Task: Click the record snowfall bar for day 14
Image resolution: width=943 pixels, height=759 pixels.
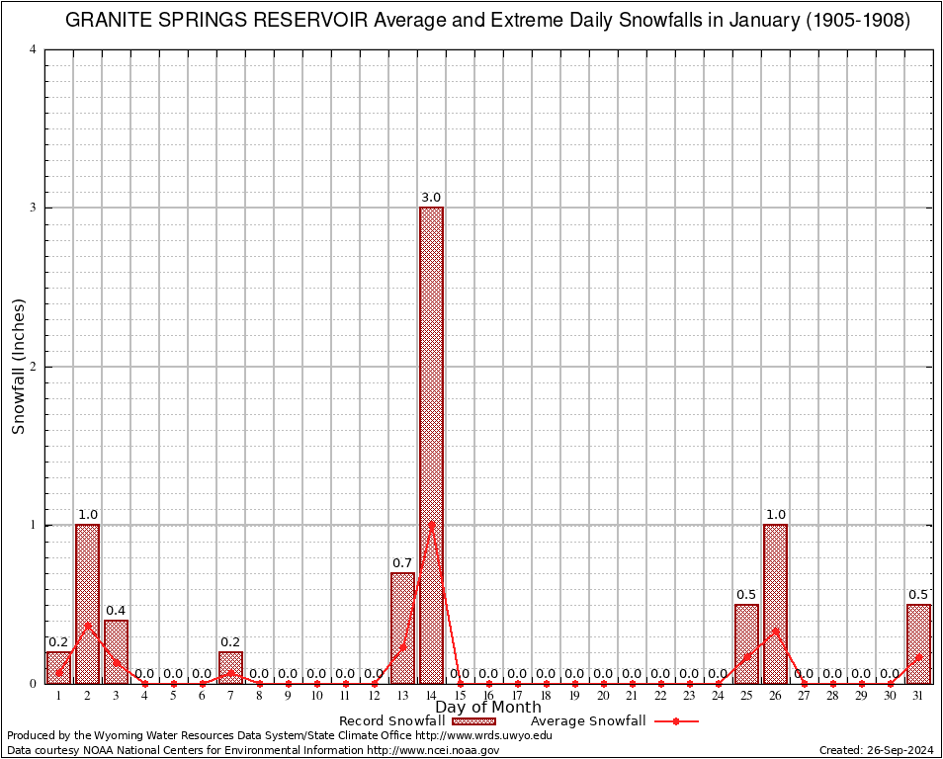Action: pyautogui.click(x=431, y=445)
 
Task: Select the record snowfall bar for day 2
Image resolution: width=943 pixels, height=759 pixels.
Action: pyautogui.click(x=87, y=603)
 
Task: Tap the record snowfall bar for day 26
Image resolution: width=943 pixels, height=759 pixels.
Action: pyautogui.click(x=775, y=603)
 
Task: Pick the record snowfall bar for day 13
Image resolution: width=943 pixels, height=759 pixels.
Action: pyautogui.click(x=402, y=628)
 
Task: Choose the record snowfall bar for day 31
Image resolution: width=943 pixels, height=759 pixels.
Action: pyautogui.click(x=918, y=643)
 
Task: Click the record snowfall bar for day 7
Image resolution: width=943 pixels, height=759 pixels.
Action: pyautogui.click(x=230, y=667)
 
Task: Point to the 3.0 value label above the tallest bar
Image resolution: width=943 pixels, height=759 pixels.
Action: pyautogui.click(x=431, y=198)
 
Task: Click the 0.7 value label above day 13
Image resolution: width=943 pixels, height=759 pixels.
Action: pyautogui.click(x=402, y=563)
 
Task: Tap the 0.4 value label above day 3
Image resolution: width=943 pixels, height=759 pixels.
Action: pyautogui.click(x=116, y=611)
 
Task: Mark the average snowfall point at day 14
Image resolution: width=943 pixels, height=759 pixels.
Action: pyautogui.click(x=431, y=524)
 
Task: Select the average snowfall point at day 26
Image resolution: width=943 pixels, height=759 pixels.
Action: pyautogui.click(x=775, y=630)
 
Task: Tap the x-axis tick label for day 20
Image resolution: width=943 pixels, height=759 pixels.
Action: pyautogui.click(x=603, y=697)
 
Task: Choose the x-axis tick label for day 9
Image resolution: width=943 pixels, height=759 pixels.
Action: pyautogui.click(x=288, y=697)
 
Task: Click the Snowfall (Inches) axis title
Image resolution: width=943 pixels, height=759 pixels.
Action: pyautogui.click(x=18, y=367)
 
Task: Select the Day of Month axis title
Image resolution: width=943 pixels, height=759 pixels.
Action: pyautogui.click(x=488, y=708)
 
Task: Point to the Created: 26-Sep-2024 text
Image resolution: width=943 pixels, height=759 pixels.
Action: pyautogui.click(x=876, y=751)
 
